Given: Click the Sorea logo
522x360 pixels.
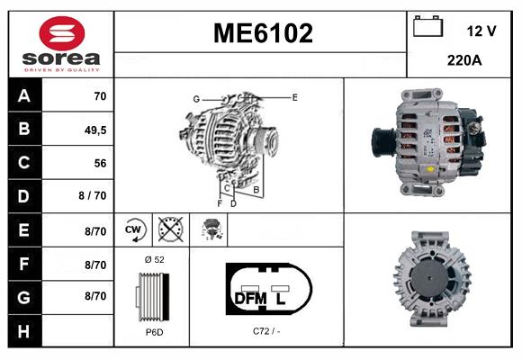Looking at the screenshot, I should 61,45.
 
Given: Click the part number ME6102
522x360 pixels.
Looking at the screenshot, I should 263,34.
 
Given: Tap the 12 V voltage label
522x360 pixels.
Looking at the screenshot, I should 481,31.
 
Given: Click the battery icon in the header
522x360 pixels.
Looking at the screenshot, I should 428,28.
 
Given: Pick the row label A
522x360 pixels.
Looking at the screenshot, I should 23,95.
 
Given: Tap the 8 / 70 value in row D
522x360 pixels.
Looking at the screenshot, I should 93,196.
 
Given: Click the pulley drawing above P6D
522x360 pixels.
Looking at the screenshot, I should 151,295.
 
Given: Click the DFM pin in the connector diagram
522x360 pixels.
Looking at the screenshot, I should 252,297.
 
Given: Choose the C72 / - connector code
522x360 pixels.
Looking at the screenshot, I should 267,332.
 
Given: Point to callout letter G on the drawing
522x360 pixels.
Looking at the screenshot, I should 195,98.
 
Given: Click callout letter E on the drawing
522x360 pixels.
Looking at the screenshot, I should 293,96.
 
